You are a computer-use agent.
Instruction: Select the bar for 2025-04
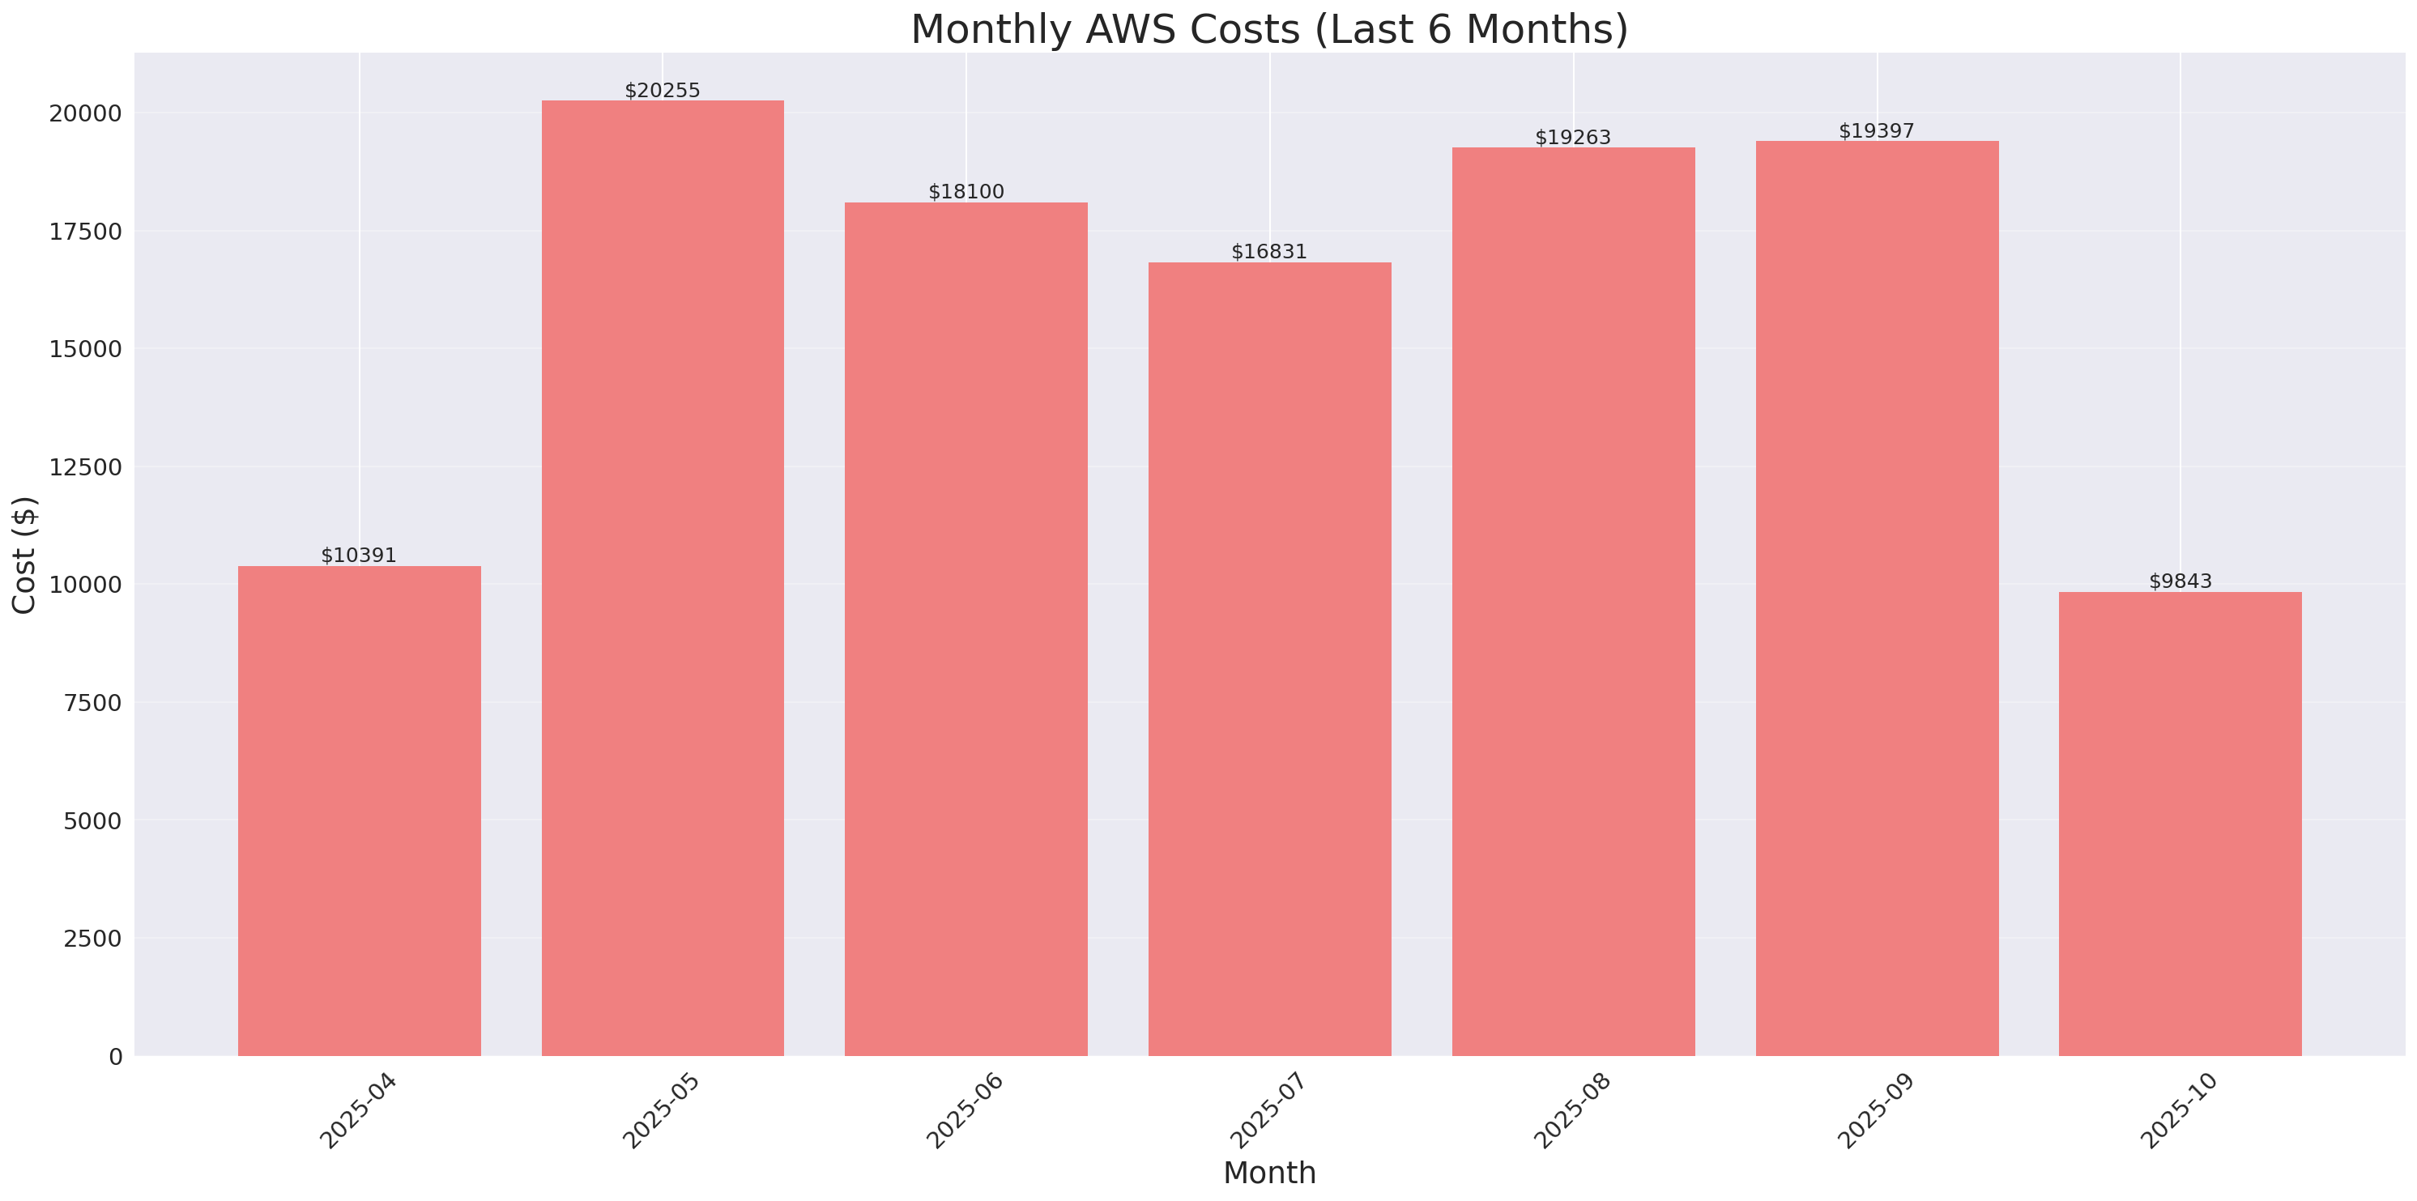coord(360,811)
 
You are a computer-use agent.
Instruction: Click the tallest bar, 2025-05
coord(663,578)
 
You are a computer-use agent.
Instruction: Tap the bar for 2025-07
coord(1269,658)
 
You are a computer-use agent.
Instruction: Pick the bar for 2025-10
coord(2180,824)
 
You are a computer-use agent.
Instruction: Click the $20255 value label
coord(663,90)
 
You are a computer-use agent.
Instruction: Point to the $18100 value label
coord(966,191)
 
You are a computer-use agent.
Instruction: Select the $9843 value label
coord(2180,581)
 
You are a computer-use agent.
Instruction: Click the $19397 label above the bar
coord(1876,130)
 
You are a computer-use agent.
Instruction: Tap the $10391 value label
coord(359,555)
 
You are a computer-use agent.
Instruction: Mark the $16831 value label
coord(1268,252)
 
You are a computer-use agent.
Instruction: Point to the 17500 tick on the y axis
coord(85,232)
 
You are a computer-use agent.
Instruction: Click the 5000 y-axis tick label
coord(92,821)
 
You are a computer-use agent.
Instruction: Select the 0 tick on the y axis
coord(115,1058)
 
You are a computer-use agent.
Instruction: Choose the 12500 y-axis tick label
coord(85,467)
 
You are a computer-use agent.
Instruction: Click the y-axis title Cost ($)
coord(24,555)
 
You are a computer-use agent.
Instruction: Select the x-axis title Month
coord(1269,1173)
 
